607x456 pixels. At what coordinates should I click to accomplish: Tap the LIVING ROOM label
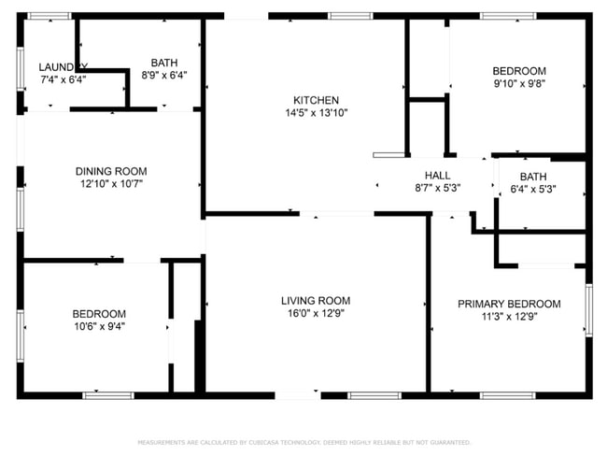[x=316, y=301]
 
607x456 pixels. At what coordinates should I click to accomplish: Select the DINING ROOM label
[x=111, y=171]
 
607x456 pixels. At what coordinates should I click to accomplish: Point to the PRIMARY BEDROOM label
[x=508, y=304]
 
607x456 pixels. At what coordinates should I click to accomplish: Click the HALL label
[x=437, y=175]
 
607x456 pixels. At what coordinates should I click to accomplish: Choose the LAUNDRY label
[x=63, y=66]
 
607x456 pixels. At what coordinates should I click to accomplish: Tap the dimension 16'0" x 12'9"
[x=316, y=314]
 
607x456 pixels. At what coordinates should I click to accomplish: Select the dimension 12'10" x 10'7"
[x=111, y=184]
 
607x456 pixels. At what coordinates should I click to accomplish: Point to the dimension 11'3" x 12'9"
[x=508, y=317]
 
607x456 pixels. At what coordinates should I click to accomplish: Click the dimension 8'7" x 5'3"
[x=437, y=188]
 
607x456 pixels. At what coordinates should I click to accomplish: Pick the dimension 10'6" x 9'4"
[x=99, y=326]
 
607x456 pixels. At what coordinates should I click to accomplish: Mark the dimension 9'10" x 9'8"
[x=519, y=83]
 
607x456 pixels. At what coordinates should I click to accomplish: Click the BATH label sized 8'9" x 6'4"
[x=164, y=63]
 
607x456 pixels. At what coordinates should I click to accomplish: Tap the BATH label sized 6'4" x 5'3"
[x=533, y=177]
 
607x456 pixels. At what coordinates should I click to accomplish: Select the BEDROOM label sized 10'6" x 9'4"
[x=99, y=313]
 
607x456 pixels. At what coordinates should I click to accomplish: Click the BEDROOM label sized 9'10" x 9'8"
[x=519, y=70]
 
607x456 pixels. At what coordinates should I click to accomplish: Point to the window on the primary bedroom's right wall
[x=588, y=309]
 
